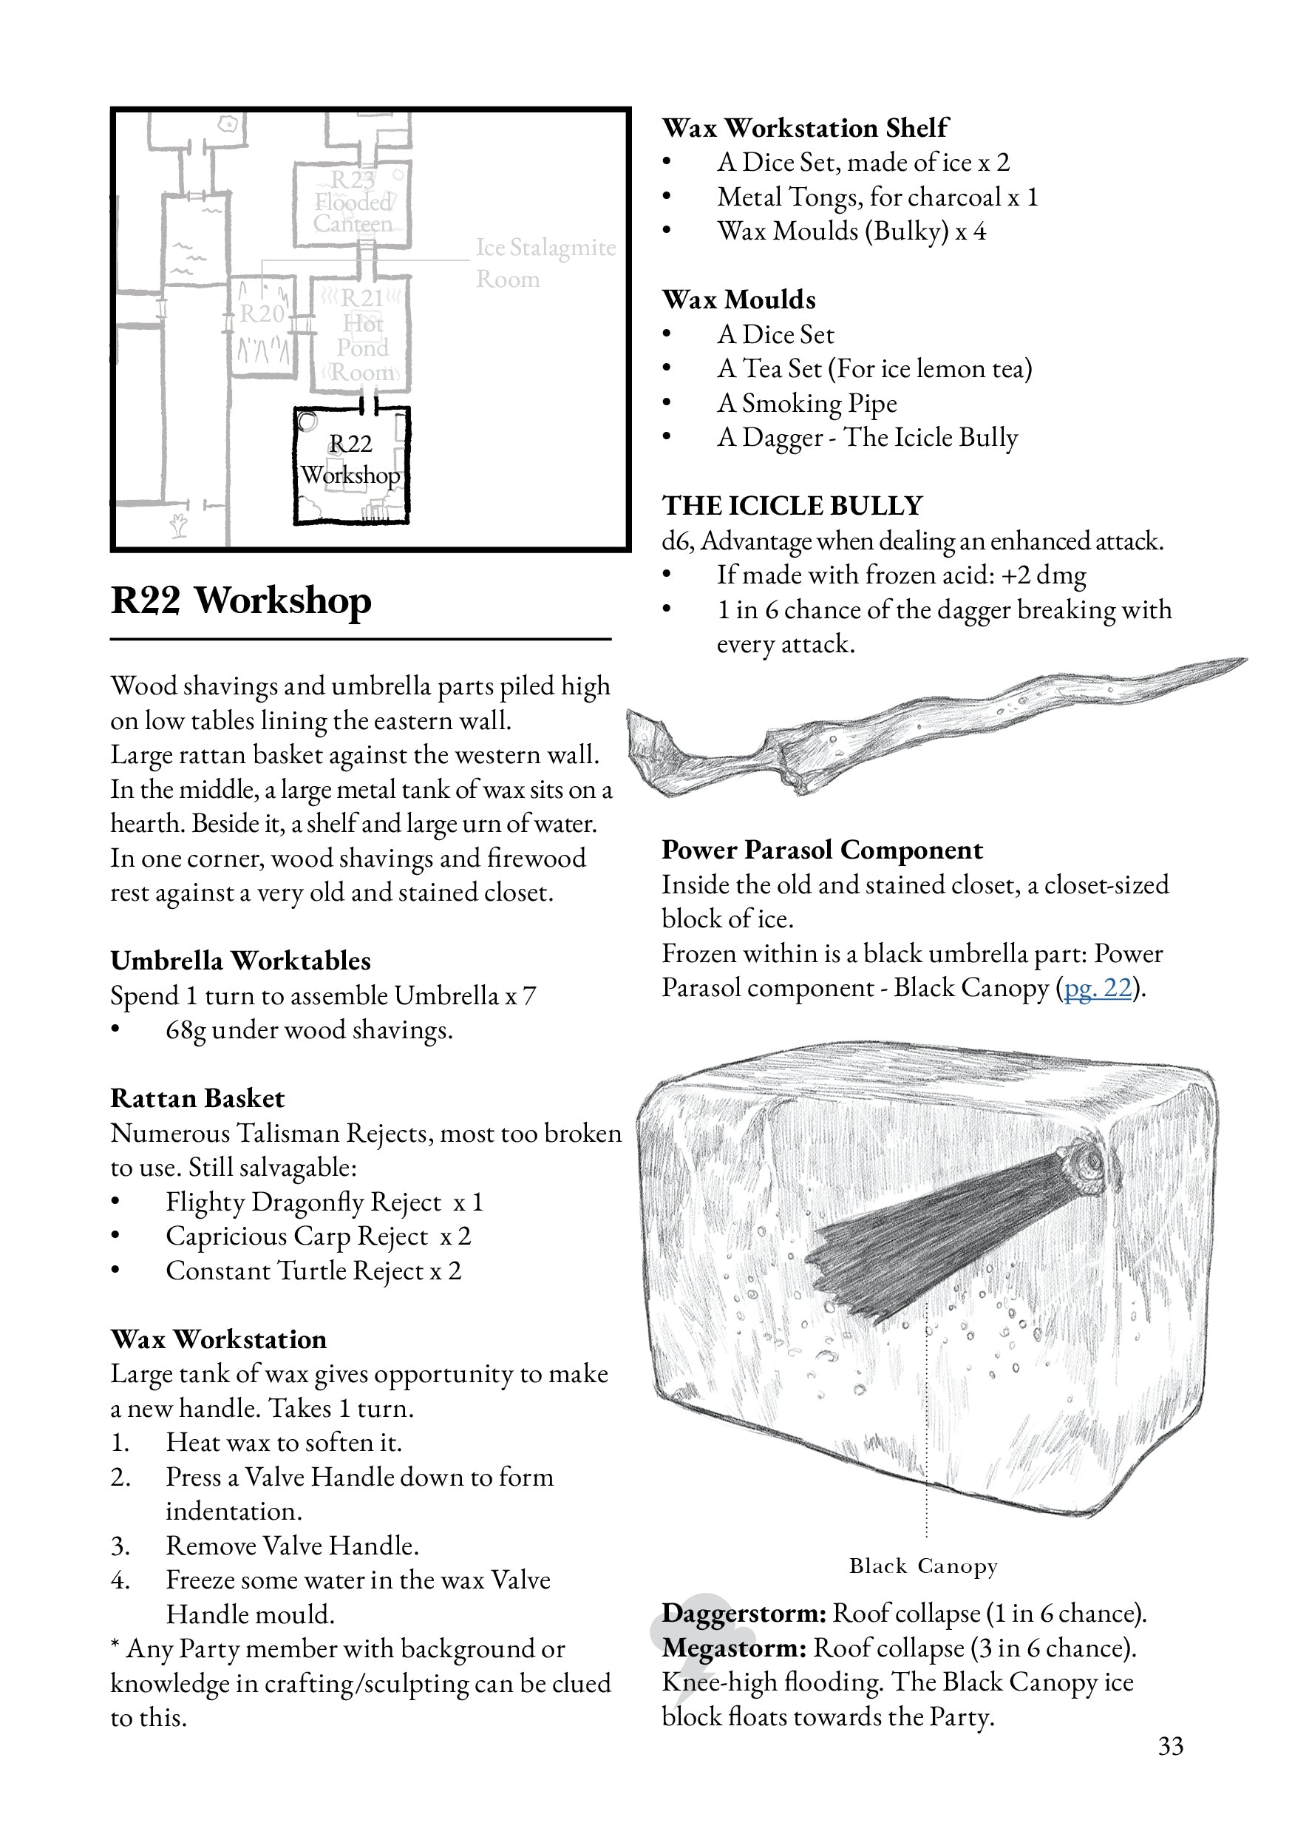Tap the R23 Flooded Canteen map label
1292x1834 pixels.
(353, 201)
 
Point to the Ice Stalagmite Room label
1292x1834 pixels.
(545, 263)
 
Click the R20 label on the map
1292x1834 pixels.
(262, 314)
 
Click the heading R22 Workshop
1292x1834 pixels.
(241, 600)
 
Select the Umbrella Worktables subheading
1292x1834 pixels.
(240, 960)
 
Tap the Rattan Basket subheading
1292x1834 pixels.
(197, 1098)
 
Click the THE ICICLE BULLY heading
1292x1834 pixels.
(792, 506)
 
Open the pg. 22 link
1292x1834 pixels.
(1098, 988)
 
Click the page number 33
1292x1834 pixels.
(1170, 1746)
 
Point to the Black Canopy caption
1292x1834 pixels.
(923, 1566)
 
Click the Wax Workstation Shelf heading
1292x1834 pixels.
(805, 128)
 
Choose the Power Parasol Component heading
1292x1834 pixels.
(822, 850)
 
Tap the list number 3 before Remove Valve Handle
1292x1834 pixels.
(120, 1546)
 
